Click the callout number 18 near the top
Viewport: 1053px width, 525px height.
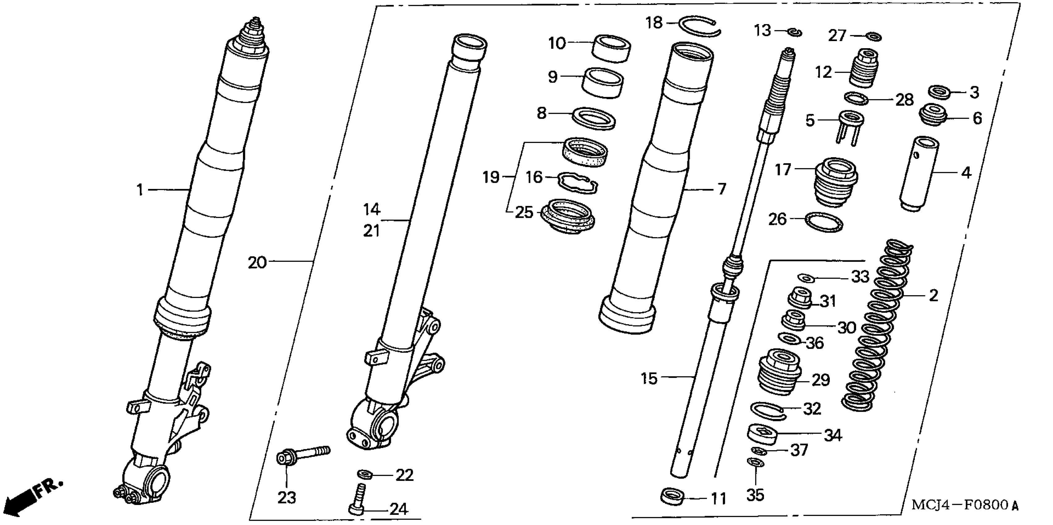click(654, 23)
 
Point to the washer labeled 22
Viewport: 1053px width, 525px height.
click(363, 474)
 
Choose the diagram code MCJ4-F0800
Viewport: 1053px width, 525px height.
click(965, 505)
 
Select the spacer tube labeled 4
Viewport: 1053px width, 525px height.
click(919, 174)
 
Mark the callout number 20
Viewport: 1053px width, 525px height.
click(257, 263)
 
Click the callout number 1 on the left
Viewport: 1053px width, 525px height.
click(140, 190)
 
